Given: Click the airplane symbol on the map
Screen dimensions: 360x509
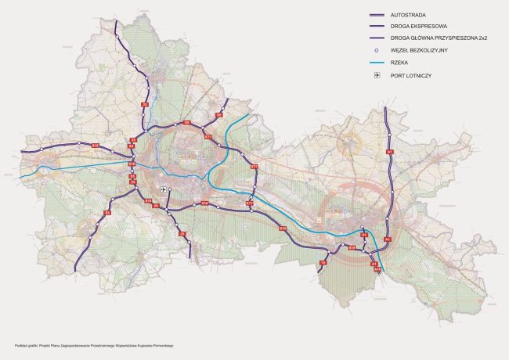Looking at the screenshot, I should pyautogui.click(x=163, y=189).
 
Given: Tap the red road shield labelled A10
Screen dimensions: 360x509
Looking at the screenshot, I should pyautogui.click(x=377, y=270).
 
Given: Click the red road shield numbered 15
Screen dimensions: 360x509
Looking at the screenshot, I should pyautogui.click(x=323, y=263).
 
